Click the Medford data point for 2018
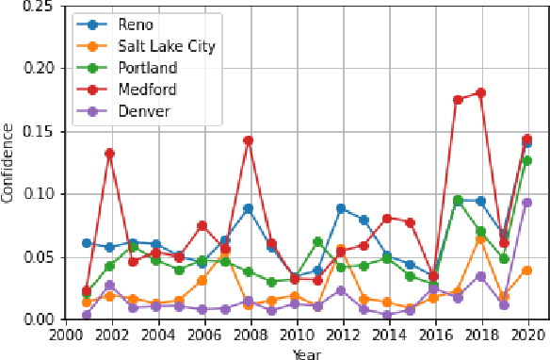[480, 92]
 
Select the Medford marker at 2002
[110, 153]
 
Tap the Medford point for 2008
[249, 140]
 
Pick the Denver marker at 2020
[526, 203]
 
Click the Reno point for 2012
[341, 208]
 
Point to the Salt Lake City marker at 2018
[480, 238]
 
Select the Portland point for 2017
[458, 200]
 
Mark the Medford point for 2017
[458, 99]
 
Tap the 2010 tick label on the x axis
[295, 333]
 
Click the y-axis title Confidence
[8, 163]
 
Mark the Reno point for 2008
[249, 208]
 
